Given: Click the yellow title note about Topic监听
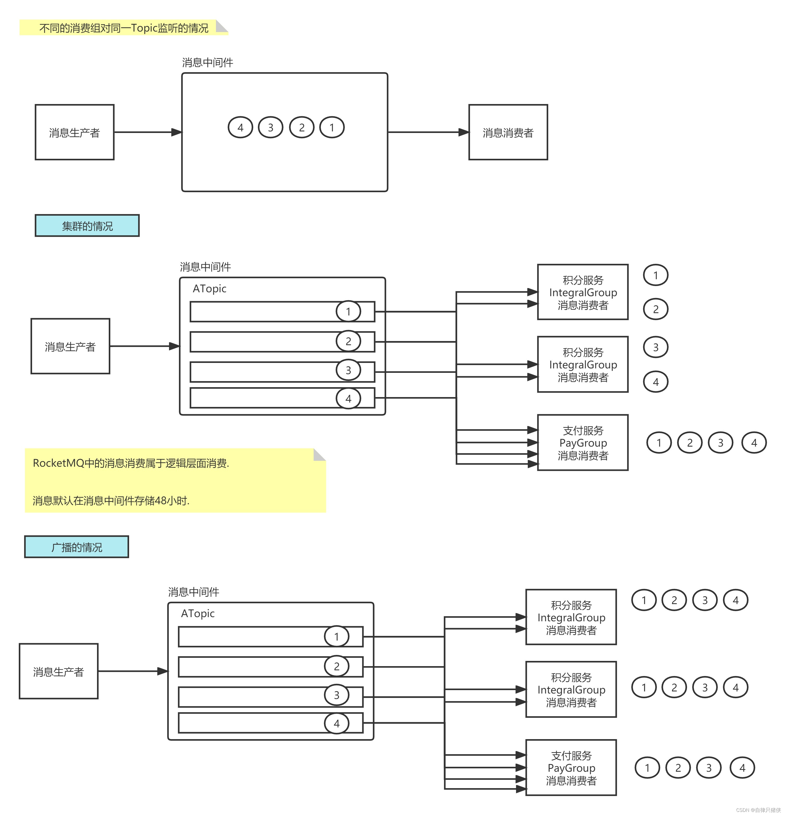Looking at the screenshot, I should pos(124,28).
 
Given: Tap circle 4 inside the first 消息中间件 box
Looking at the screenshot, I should pos(240,128).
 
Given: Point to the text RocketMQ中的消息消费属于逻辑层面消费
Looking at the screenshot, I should pos(131,463).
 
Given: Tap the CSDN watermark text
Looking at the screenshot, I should pos(758,810).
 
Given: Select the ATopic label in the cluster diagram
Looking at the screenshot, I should pos(209,289).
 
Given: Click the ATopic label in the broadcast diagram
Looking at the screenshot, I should pos(198,614).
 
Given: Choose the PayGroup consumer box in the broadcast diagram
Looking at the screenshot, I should pos(571,768).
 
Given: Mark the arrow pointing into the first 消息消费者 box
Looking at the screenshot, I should pos(428,132).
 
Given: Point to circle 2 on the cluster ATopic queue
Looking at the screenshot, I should pos(348,341).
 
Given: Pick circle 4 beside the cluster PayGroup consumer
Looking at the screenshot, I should pos(754,443).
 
